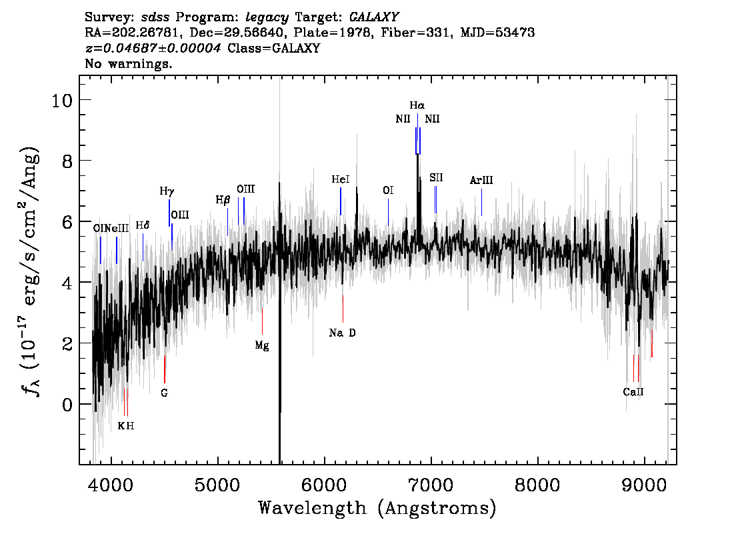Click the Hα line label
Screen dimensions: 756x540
coord(417,105)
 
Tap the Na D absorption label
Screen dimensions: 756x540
coord(342,333)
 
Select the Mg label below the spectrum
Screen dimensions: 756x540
coord(262,346)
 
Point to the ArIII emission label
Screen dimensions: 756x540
coord(481,180)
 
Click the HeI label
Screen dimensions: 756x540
coord(341,179)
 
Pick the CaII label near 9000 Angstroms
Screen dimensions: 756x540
coord(633,392)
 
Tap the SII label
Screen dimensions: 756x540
coord(436,178)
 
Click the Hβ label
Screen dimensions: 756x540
coord(223,200)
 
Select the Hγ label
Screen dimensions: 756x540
coord(167,191)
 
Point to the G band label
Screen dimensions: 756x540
coord(165,393)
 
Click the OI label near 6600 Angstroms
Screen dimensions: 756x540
coord(388,191)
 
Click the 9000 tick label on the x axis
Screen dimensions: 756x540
coord(643,485)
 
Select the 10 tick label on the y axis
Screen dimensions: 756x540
coord(62,100)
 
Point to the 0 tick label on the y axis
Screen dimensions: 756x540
coord(67,405)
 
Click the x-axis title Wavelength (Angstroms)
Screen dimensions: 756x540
coord(377,509)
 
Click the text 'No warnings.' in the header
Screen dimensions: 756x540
coord(128,63)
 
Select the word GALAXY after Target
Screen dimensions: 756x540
coord(373,17)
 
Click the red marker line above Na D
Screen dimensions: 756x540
coord(343,309)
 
